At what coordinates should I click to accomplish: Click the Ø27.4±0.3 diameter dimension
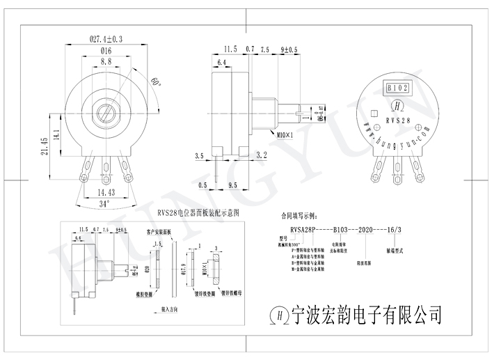[106, 40]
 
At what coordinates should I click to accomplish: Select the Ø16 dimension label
[106, 52]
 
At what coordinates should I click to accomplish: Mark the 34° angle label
[104, 204]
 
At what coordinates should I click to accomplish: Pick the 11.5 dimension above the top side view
[230, 50]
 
